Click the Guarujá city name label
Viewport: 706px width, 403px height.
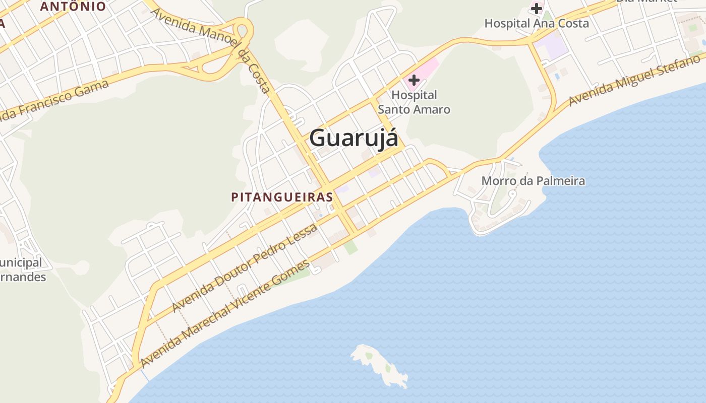coord(354,138)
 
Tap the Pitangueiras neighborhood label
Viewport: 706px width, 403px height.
coord(282,197)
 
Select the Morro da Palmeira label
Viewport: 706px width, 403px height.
coord(533,181)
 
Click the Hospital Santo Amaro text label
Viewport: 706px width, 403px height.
coord(414,102)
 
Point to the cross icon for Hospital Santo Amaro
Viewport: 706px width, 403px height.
coord(414,80)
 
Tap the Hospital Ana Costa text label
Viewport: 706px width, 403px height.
coord(537,23)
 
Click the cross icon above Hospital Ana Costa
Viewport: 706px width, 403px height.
coord(536,8)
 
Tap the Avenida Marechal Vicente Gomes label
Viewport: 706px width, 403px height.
coord(225,313)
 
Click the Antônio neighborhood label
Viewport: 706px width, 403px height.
coord(73,7)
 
